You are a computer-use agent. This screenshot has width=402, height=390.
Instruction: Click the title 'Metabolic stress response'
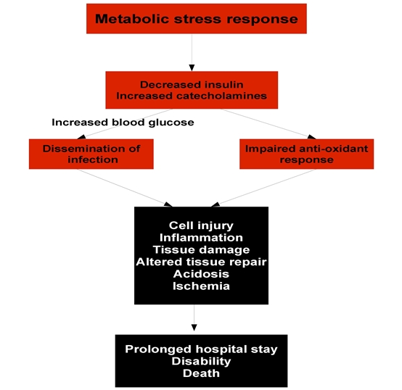click(x=197, y=19)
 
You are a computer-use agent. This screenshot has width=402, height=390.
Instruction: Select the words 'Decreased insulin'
click(x=192, y=85)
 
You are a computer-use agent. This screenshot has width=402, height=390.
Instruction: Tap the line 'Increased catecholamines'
click(x=192, y=96)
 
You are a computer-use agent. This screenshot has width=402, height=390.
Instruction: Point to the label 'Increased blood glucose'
click(x=123, y=123)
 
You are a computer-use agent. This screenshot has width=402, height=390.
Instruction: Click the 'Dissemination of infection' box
click(x=91, y=154)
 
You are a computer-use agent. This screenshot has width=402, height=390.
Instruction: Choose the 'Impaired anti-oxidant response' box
click(x=307, y=154)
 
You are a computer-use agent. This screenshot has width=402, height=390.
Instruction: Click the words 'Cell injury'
click(x=201, y=226)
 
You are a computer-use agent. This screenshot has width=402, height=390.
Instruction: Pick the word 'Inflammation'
click(x=201, y=238)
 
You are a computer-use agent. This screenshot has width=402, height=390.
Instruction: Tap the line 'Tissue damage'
click(x=201, y=250)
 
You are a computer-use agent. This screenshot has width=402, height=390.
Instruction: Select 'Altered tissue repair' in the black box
click(x=201, y=262)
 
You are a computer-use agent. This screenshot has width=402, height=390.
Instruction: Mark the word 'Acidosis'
click(x=201, y=274)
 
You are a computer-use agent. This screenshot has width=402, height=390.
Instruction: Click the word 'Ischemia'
click(x=201, y=286)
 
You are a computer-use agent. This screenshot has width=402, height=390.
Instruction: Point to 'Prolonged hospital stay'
click(x=201, y=349)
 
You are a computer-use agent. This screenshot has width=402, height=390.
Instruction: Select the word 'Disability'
click(x=201, y=361)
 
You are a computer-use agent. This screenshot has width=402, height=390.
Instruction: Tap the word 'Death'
click(x=201, y=373)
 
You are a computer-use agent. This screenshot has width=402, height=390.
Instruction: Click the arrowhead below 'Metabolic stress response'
click(x=192, y=67)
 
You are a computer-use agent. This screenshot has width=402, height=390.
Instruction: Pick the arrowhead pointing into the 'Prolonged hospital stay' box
click(x=194, y=328)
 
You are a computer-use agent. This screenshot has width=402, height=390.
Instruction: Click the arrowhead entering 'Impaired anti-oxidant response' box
click(x=311, y=137)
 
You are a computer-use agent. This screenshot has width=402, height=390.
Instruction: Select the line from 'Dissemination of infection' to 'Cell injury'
click(x=125, y=188)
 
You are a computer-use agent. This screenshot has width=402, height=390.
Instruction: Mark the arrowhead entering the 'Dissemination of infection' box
click(x=81, y=137)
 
